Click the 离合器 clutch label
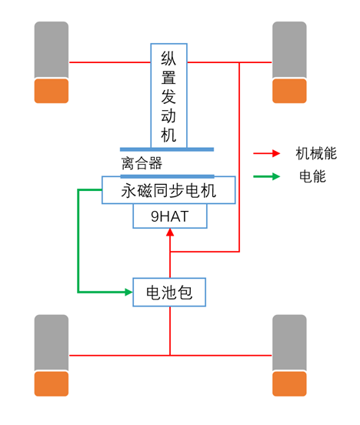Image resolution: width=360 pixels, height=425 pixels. [x=142, y=163]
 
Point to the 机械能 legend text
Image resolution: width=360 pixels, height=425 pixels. [x=316, y=153]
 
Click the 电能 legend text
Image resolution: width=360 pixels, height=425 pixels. [x=312, y=176]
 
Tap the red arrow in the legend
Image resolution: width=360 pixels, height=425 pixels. [x=267, y=153]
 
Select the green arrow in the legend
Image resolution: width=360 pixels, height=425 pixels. [x=267, y=176]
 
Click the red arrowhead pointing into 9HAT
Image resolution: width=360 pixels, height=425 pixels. [x=170, y=233]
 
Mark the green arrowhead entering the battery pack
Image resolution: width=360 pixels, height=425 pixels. [x=128, y=293]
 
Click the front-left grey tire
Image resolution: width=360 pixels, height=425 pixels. [x=52, y=50]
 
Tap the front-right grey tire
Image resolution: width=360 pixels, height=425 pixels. [x=289, y=50]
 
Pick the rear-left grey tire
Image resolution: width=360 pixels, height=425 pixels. [x=52, y=343]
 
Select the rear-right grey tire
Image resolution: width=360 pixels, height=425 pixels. [x=289, y=343]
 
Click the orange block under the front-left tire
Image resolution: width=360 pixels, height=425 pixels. [x=52, y=91]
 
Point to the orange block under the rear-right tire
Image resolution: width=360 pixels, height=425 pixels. [x=289, y=383]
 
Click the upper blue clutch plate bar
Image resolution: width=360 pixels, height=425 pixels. [x=167, y=149]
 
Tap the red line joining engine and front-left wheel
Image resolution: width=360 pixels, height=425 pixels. [x=110, y=62]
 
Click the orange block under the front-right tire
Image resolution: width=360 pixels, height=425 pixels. [x=289, y=91]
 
